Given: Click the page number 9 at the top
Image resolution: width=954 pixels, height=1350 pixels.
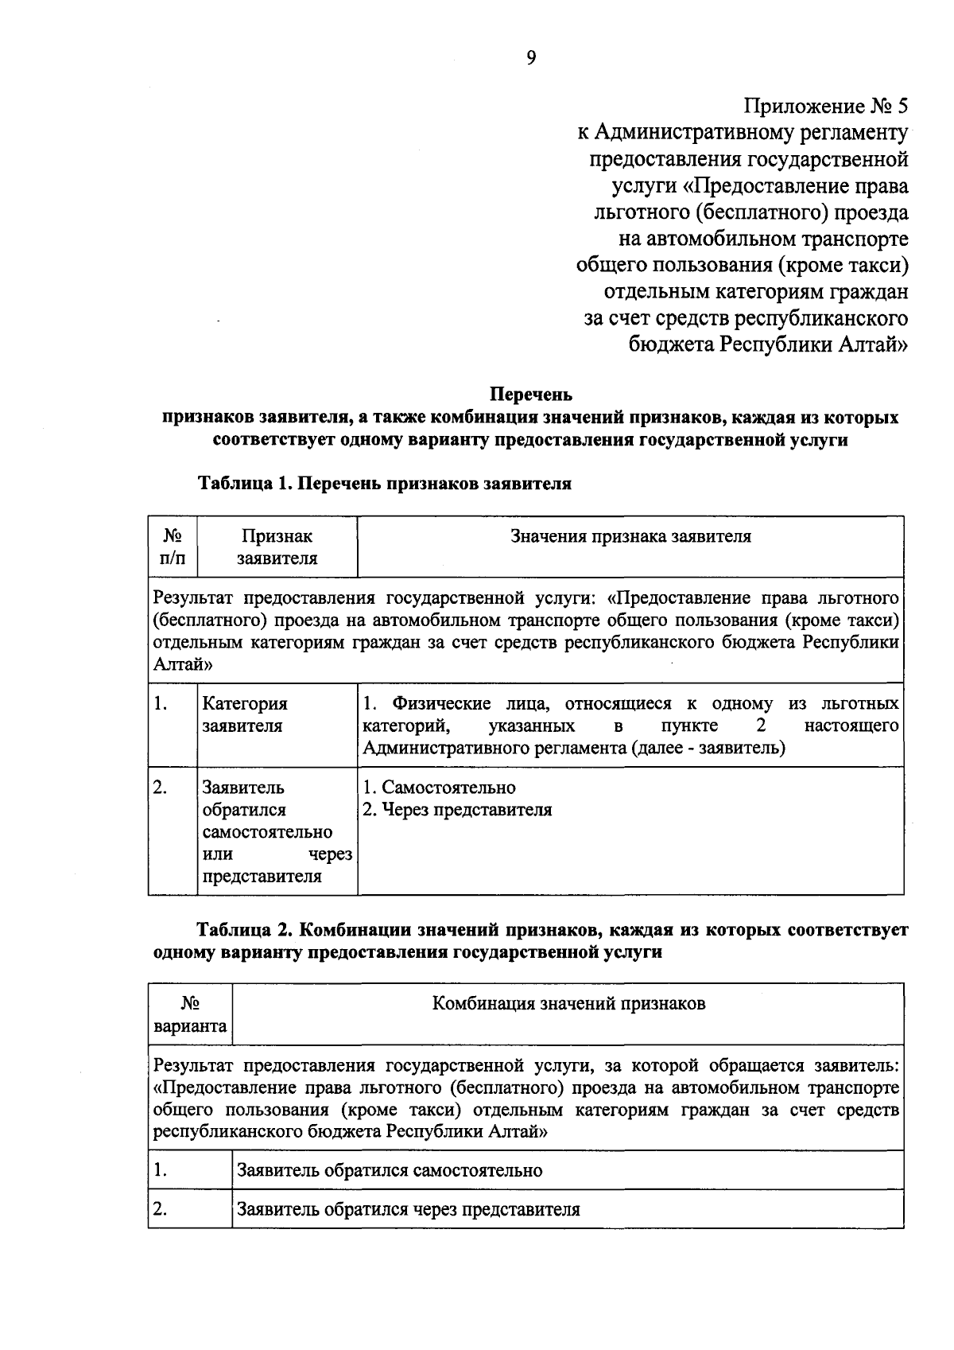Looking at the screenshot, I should tap(531, 56).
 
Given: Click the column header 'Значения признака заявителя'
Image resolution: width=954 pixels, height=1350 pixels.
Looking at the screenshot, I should tap(630, 536).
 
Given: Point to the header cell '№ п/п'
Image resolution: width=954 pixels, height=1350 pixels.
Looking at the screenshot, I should tap(173, 547).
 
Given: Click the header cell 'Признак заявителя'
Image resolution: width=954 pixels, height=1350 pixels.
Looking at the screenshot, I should tap(277, 547).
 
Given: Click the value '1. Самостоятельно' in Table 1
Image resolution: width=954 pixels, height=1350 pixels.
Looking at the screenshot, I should tap(440, 788).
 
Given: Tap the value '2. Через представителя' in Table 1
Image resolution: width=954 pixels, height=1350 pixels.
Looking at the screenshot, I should tap(457, 810).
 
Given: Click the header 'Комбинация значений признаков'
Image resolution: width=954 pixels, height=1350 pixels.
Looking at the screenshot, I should tap(568, 1004).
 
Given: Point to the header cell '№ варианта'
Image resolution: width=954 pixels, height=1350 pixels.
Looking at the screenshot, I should tap(190, 1015).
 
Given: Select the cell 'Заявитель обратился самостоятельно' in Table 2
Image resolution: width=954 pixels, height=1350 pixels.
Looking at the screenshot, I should tap(390, 1171).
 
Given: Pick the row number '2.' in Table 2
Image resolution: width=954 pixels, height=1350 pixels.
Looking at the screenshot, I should tap(161, 1209).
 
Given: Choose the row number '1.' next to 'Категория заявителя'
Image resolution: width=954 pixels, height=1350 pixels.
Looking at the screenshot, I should tap(161, 703).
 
